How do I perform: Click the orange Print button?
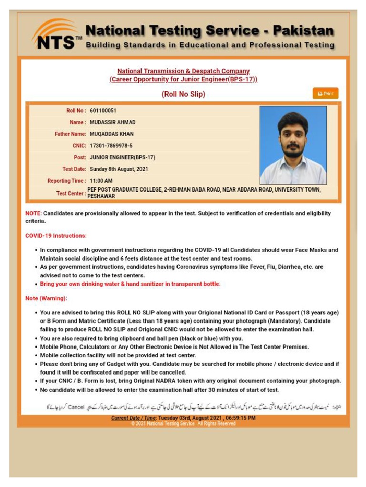point(325,94)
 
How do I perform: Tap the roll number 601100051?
point(103,111)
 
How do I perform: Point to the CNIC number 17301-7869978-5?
point(111,146)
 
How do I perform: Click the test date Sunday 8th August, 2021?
point(119,169)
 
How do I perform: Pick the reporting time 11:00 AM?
point(101,181)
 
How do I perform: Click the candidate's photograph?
point(293,145)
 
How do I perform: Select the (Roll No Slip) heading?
point(183,94)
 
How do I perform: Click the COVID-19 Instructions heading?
point(56,236)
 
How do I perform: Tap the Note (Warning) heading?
point(46,298)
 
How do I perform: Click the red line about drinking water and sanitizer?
point(130,284)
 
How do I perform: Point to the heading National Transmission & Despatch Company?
point(183,71)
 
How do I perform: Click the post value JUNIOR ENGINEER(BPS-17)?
point(122,157)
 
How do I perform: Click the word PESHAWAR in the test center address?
point(101,196)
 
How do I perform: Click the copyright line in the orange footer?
point(183,424)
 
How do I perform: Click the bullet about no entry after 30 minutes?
point(159,390)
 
